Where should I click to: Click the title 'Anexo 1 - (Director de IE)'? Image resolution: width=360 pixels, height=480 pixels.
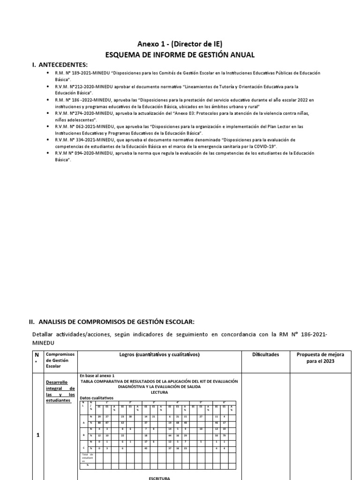pyautogui.click(x=180, y=44)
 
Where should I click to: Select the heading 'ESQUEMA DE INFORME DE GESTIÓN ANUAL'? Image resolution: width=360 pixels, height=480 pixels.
pyautogui.click(x=180, y=55)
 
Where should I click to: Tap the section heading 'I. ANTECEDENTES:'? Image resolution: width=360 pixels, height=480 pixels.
pyautogui.click(x=60, y=65)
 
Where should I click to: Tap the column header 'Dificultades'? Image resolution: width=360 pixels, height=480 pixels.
pyautogui.click(x=265, y=355)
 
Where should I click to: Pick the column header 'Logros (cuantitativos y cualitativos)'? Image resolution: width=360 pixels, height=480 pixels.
pyautogui.click(x=159, y=355)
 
